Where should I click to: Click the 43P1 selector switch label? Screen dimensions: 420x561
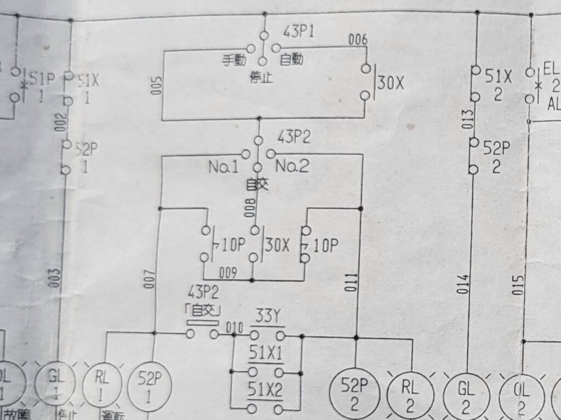[299, 31]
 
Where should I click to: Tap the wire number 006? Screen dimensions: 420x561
[358, 39]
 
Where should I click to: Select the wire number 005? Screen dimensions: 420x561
[156, 86]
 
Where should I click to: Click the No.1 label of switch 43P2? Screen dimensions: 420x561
[224, 166]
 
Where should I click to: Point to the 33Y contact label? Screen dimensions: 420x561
[267, 316]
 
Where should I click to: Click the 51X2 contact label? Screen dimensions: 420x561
[267, 389]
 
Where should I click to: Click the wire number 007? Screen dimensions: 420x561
[152, 279]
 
